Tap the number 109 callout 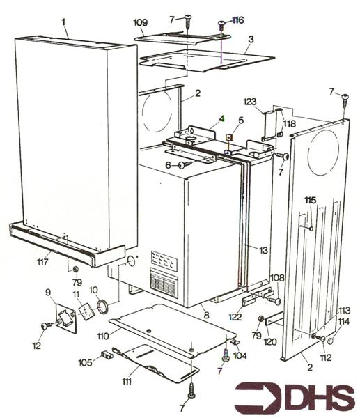pos(140,23)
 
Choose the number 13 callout pos(264,249)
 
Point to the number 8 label pos(206,316)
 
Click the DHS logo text pos(294,398)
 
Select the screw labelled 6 pos(183,165)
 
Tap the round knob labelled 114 pos(330,341)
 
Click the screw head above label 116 pos(222,24)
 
